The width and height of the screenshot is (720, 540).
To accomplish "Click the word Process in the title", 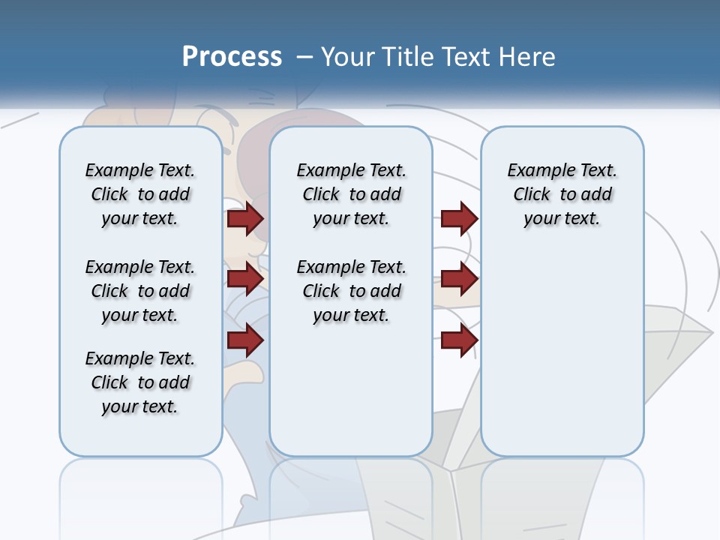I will [x=232, y=56].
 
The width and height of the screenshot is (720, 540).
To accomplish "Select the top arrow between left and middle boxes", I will [x=245, y=219].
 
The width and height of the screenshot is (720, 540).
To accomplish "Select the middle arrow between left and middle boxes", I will [x=245, y=279].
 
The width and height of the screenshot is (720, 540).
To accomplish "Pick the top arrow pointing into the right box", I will [x=459, y=219].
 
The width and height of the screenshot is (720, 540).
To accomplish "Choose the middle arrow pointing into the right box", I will [x=459, y=279].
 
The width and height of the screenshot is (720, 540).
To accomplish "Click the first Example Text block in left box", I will [x=140, y=194].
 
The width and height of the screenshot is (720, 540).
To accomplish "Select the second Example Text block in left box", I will [x=140, y=291].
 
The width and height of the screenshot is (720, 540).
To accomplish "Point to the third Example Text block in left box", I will [x=140, y=382].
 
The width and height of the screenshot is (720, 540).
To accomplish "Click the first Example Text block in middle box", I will [x=351, y=194].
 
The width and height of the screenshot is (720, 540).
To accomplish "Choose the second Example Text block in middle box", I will [x=351, y=291].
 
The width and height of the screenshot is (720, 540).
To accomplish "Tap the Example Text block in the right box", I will [x=562, y=194].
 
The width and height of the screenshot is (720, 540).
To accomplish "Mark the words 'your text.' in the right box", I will [x=562, y=219].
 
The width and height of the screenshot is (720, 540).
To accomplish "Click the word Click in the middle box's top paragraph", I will [x=321, y=195].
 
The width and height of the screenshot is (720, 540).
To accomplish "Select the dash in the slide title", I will [x=305, y=57].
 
